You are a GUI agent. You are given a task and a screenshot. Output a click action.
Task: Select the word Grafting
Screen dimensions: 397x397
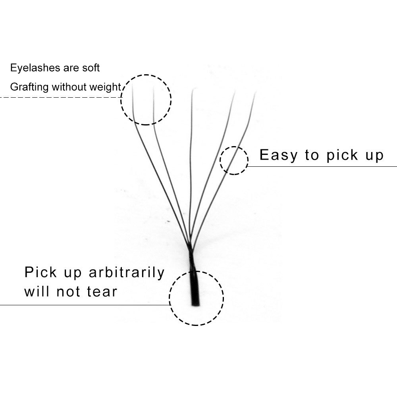[x=29, y=87]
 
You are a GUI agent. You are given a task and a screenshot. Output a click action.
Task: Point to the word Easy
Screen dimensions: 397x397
[x=279, y=155]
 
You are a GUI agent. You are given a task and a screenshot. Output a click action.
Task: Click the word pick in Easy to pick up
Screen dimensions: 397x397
[x=342, y=155]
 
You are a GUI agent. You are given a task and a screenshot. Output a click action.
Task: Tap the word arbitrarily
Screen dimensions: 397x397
[x=127, y=273]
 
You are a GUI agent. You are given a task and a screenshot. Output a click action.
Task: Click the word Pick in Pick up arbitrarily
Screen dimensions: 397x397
[x=40, y=272]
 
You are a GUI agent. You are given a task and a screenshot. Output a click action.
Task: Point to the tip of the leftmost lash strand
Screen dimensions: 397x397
[x=133, y=85]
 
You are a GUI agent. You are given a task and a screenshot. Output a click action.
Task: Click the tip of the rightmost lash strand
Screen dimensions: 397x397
[x=255, y=93]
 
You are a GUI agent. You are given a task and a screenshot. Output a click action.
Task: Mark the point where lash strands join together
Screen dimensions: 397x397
[x=191, y=249]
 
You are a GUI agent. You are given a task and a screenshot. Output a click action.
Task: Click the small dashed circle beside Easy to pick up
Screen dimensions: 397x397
[x=234, y=147]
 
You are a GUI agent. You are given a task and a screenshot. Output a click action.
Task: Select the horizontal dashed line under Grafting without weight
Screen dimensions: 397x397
[x=61, y=97]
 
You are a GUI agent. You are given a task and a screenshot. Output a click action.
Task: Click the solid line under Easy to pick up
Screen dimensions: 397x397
[x=322, y=167]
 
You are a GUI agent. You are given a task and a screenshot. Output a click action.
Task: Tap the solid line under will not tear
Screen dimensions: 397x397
[x=85, y=305]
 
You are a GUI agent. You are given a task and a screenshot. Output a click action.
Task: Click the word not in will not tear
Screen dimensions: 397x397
[x=68, y=291]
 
